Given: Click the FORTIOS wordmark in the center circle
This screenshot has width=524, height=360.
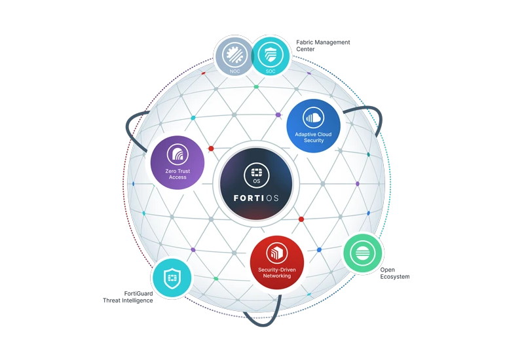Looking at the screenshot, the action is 256,198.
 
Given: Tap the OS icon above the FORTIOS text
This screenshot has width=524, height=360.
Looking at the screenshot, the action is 256,175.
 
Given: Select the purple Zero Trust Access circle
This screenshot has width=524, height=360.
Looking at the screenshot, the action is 178,162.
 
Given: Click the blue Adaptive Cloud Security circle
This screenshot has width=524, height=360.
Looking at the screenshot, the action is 314,126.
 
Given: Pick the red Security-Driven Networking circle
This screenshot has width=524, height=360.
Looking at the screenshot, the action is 277,263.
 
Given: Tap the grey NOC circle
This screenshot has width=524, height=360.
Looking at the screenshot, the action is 234,57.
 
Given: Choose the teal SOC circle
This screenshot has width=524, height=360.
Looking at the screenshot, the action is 271,57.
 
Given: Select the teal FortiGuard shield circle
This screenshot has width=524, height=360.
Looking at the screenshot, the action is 172,278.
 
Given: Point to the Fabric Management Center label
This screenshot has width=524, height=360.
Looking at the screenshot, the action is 323,46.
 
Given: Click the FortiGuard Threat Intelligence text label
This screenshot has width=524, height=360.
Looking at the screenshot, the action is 128,297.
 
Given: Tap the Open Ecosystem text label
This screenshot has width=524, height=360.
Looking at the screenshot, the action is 395,273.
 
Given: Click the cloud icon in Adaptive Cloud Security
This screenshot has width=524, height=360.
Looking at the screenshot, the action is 314,118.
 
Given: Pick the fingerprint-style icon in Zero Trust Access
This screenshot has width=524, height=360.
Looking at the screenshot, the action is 178,154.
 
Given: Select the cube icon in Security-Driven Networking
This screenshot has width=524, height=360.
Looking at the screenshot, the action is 276,253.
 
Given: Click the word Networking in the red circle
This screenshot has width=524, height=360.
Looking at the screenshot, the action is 276,276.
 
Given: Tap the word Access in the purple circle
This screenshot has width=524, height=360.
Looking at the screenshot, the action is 178,177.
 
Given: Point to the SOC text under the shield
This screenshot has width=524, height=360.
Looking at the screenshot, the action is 271,71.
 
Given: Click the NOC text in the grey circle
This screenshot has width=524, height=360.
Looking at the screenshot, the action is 234,71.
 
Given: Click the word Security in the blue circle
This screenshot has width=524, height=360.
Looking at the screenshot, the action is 314,141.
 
